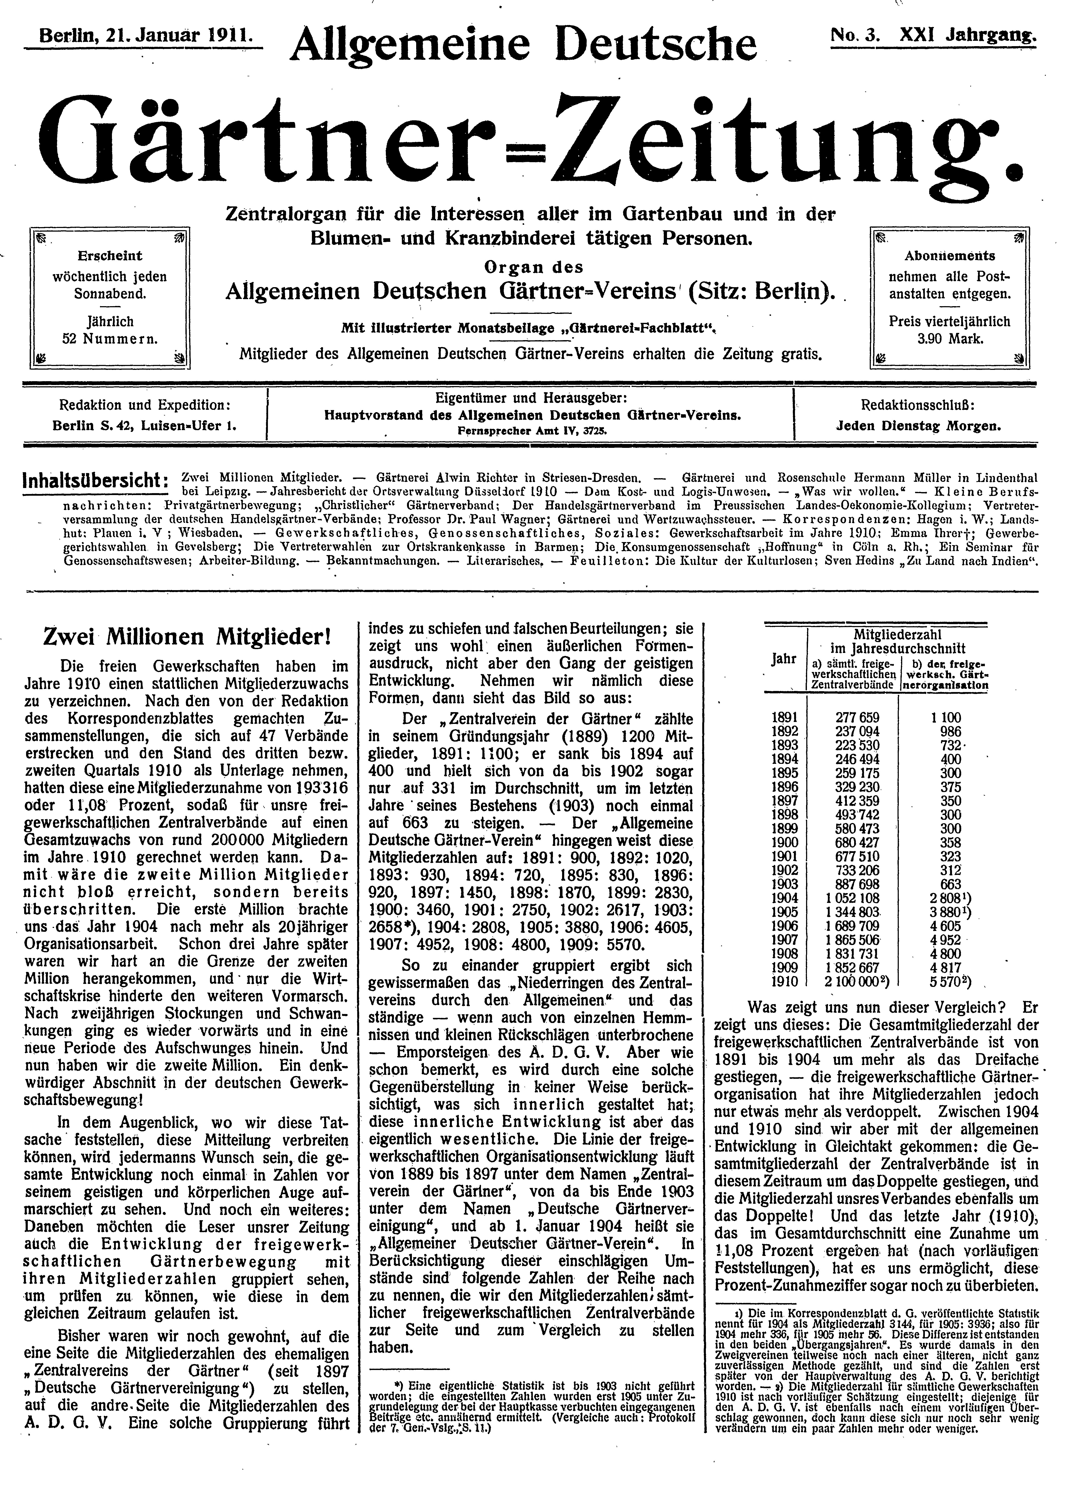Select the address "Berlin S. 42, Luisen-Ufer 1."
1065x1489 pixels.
pos(144,425)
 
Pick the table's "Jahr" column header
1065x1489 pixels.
pos(784,659)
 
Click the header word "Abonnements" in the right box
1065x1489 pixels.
pos(950,256)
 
